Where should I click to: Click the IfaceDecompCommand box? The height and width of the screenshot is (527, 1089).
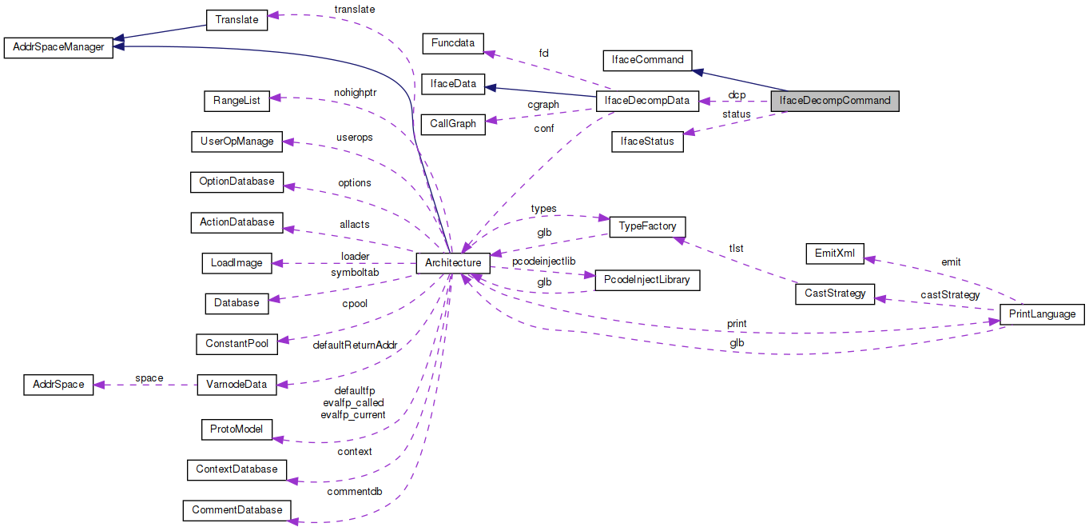pyautogui.click(x=834, y=102)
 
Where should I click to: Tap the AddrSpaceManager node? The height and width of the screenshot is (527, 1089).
pyautogui.click(x=58, y=47)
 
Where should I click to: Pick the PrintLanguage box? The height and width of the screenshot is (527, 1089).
pyautogui.click(x=1042, y=314)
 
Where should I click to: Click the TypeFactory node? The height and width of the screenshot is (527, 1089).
pyautogui.click(x=647, y=226)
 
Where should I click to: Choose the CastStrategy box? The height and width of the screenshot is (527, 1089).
pyautogui.click(x=834, y=293)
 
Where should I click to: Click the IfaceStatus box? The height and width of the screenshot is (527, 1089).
pyautogui.click(x=647, y=142)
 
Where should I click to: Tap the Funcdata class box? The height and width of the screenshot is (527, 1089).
pyautogui.click(x=452, y=42)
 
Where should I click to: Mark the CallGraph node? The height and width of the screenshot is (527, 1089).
pyautogui.click(x=453, y=124)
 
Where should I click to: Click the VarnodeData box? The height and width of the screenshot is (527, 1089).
pyautogui.click(x=236, y=385)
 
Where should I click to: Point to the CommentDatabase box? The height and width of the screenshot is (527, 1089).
pyautogui.click(x=236, y=509)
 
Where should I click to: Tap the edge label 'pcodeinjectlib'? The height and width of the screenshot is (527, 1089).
pyautogui.click(x=543, y=262)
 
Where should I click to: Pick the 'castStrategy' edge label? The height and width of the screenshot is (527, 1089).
pyautogui.click(x=950, y=295)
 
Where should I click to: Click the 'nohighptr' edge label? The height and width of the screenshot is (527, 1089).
pyautogui.click(x=355, y=92)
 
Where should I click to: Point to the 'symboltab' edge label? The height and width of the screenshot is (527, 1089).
pyautogui.click(x=355, y=273)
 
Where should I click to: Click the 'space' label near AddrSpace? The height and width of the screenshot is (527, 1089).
pyautogui.click(x=149, y=378)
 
